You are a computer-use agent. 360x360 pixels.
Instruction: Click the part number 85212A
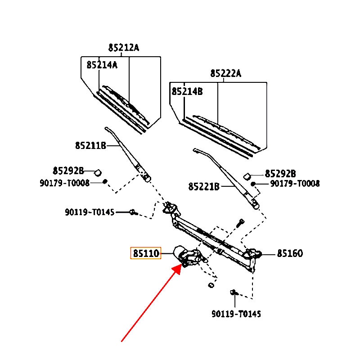point(124,47)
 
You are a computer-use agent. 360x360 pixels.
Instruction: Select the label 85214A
point(102,65)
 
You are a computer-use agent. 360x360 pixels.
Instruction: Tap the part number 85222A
point(225,73)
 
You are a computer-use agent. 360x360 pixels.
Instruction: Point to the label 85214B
point(187,91)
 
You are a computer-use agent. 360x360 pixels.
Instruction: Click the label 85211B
point(90,145)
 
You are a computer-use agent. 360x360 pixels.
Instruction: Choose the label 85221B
point(203,186)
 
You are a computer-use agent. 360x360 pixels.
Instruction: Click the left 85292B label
point(68,171)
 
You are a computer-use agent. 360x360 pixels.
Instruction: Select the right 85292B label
point(280,174)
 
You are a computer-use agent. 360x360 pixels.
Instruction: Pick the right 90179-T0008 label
point(295,184)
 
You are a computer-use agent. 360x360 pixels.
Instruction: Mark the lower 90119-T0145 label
point(236,314)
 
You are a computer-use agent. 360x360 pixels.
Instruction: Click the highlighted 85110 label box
point(145,254)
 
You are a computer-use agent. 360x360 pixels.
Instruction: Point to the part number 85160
point(289,254)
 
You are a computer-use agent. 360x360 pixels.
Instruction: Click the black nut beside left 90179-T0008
point(105,182)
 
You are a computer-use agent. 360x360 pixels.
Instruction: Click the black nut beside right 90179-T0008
point(253,184)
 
